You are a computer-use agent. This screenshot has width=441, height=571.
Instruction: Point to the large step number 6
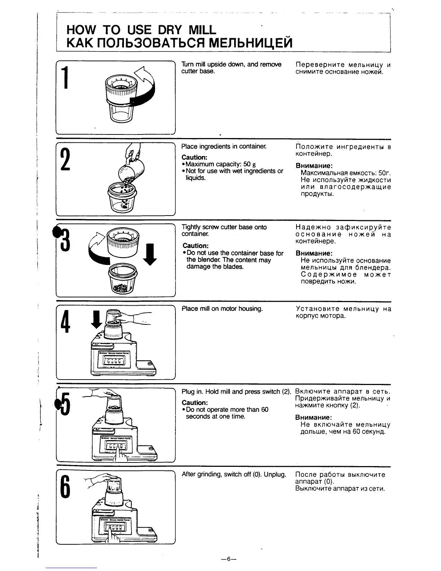point(65,486)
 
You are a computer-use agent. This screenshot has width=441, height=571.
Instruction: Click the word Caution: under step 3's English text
point(195,246)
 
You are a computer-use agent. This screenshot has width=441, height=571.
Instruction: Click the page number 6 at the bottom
point(228,559)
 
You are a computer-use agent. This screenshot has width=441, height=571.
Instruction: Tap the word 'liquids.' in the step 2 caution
point(196,178)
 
